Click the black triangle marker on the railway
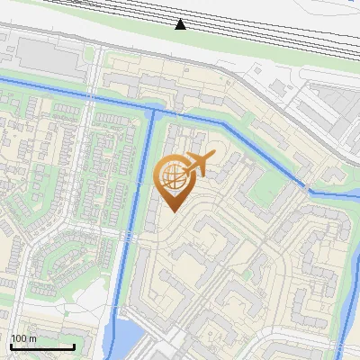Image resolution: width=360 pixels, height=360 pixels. (x=181, y=23)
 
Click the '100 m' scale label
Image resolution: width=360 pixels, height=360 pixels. (x=23, y=338)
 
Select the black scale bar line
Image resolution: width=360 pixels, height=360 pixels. (x=42, y=346)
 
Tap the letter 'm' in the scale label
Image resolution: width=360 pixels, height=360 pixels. (x=32, y=338)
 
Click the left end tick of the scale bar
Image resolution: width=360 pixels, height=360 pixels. (x=11, y=345)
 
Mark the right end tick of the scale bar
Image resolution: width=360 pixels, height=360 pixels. (x=74, y=345)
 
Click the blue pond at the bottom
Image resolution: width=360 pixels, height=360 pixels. (x=126, y=340)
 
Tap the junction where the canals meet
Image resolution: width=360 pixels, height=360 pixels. (x=153, y=112)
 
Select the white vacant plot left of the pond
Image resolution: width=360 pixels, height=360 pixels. (x=90, y=297)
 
